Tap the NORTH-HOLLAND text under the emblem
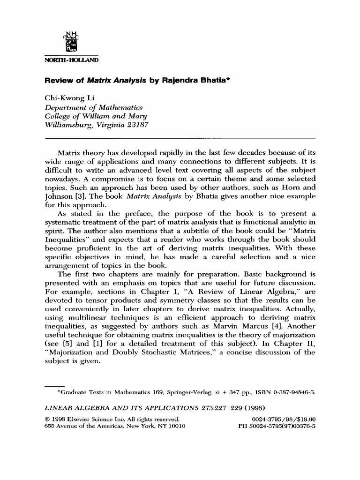coord(72,60)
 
